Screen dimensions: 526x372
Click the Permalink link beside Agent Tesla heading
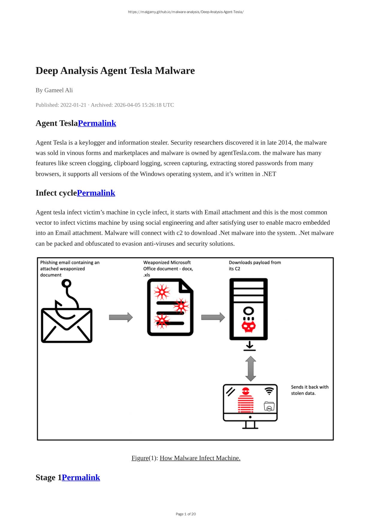coord(97,123)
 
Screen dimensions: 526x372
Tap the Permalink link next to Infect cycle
coord(96,193)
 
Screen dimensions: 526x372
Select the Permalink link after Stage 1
coord(81,477)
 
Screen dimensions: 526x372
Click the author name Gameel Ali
coord(58,90)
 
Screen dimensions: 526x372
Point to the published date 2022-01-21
coord(73,105)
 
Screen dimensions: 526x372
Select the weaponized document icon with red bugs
coord(170,307)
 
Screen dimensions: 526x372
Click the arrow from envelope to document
coord(121,317)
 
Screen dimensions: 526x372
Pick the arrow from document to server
coord(213,317)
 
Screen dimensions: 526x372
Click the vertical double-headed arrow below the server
coord(251,368)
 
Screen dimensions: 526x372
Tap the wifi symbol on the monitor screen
coord(269,391)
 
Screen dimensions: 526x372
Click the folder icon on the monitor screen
coord(269,406)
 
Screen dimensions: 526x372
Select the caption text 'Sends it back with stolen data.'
coord(309,390)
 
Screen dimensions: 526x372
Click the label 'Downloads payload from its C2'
coord(255,265)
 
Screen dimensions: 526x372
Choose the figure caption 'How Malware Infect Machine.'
coord(200,458)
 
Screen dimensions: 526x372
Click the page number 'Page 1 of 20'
coord(186,514)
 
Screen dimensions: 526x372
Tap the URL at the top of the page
coord(186,12)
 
